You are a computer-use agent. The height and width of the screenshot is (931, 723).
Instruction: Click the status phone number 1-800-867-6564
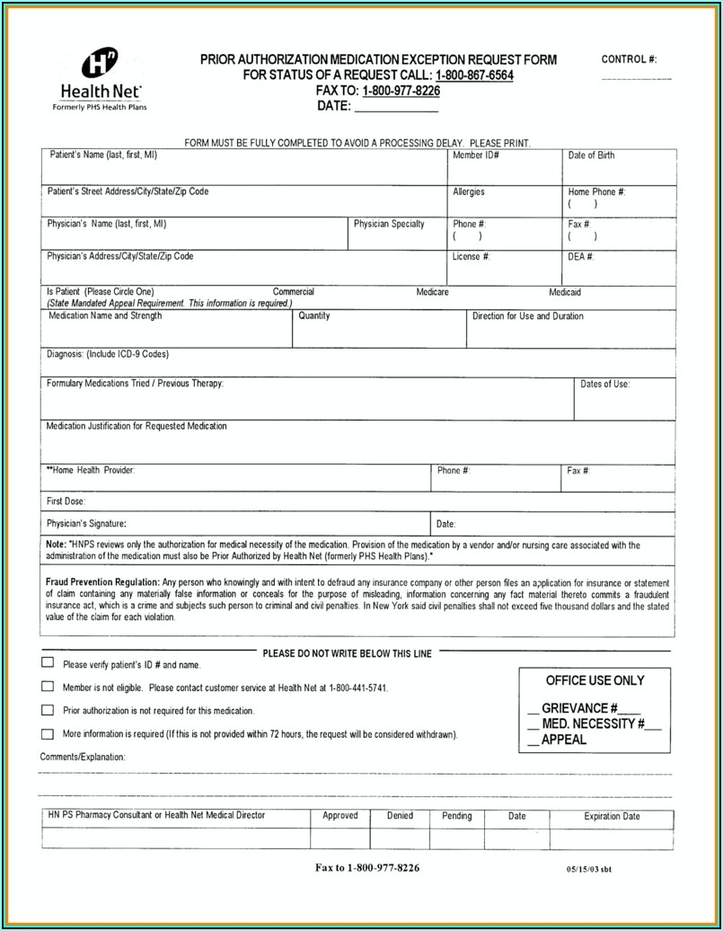pyautogui.click(x=474, y=75)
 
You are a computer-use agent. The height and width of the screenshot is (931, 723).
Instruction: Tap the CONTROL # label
pyautogui.click(x=629, y=59)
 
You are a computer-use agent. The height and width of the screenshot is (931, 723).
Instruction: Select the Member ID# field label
pyautogui.click(x=475, y=155)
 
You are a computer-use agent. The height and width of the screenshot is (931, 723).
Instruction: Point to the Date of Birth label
pyautogui.click(x=591, y=155)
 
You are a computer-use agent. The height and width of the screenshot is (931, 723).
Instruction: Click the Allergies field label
pyautogui.click(x=469, y=191)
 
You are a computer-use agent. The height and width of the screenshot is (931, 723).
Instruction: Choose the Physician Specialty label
pyautogui.click(x=389, y=224)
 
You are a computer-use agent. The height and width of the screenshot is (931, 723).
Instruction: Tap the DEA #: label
pyautogui.click(x=581, y=256)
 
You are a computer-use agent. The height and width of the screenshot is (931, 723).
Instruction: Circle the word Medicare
pyautogui.click(x=432, y=292)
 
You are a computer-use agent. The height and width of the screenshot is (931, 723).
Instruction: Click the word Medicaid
pyautogui.click(x=565, y=292)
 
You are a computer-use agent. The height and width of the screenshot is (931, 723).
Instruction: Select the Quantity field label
pyautogui.click(x=314, y=316)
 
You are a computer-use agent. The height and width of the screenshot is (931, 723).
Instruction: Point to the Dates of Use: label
pyautogui.click(x=605, y=384)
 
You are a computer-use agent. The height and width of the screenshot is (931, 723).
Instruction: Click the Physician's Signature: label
pyautogui.click(x=86, y=523)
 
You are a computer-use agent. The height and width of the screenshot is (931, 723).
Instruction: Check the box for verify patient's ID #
pyautogui.click(x=48, y=663)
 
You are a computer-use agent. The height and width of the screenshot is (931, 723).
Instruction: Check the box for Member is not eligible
pyautogui.click(x=48, y=687)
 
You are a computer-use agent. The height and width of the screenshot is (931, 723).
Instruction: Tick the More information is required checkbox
pyautogui.click(x=48, y=733)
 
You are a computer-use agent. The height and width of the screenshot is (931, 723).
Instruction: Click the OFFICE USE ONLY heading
pyautogui.click(x=595, y=680)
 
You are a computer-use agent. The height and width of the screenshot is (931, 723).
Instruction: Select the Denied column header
pyautogui.click(x=400, y=816)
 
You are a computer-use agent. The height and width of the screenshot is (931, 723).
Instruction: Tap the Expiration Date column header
pyautogui.click(x=612, y=817)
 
